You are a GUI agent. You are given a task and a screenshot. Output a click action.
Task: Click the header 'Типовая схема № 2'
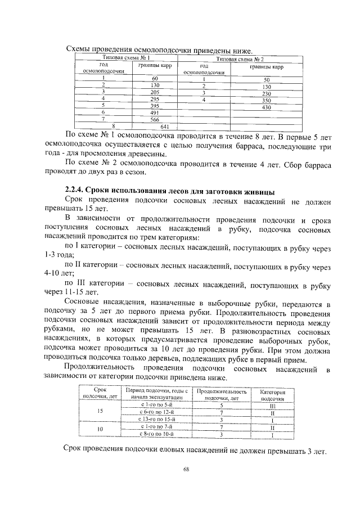243,58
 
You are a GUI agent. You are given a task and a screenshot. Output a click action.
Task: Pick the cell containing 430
266,106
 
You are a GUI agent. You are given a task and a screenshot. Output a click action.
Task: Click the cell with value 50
266,79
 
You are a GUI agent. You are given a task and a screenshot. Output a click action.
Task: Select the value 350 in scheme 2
266,100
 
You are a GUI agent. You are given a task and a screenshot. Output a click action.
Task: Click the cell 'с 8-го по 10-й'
157,434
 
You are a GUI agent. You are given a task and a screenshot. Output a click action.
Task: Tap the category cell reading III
272,405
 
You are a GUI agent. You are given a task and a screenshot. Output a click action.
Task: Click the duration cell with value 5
222,405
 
